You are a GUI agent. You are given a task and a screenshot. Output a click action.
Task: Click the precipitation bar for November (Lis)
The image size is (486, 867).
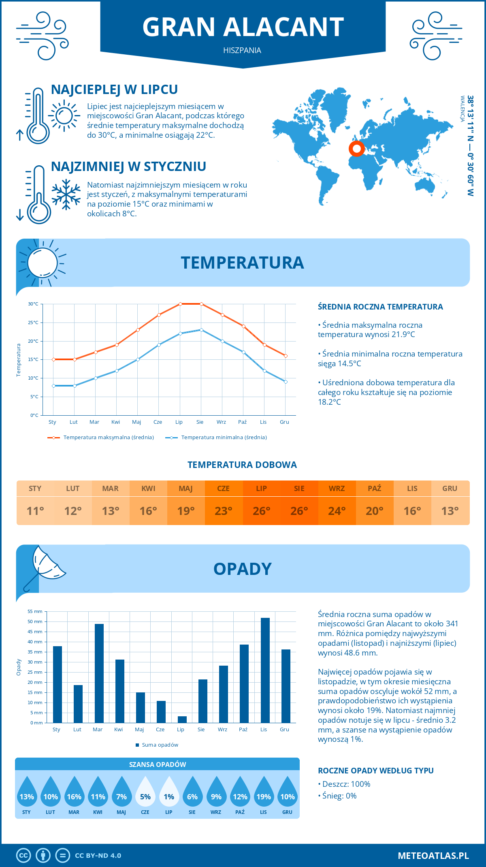(x=265, y=670)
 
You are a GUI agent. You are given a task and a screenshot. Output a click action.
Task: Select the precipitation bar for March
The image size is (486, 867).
(x=99, y=673)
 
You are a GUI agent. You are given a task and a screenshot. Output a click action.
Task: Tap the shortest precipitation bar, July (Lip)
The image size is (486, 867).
(x=182, y=720)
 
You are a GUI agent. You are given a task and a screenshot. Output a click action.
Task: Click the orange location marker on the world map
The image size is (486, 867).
(x=357, y=149)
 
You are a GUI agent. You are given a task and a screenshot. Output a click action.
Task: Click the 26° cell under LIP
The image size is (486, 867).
(x=261, y=511)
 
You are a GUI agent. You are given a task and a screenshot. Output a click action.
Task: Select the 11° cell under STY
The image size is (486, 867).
(x=35, y=511)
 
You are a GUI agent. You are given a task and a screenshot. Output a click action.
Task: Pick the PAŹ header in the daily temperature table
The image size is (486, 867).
(x=374, y=489)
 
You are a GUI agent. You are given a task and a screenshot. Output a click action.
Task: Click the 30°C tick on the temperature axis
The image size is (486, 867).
(x=33, y=304)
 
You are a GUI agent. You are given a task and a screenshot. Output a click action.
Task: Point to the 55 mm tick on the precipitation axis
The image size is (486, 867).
(x=35, y=611)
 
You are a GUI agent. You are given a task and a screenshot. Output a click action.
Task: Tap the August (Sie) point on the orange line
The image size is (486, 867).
(x=201, y=304)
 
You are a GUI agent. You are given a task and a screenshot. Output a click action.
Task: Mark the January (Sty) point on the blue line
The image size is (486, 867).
(x=53, y=386)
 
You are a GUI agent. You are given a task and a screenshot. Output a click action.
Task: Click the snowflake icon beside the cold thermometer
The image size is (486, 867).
(x=66, y=194)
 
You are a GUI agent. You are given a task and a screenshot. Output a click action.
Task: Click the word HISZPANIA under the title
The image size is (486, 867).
(x=242, y=50)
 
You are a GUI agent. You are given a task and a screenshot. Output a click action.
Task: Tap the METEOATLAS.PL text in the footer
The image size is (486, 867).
(x=433, y=856)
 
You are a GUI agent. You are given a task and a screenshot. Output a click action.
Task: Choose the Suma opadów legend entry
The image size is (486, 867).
(x=160, y=745)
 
